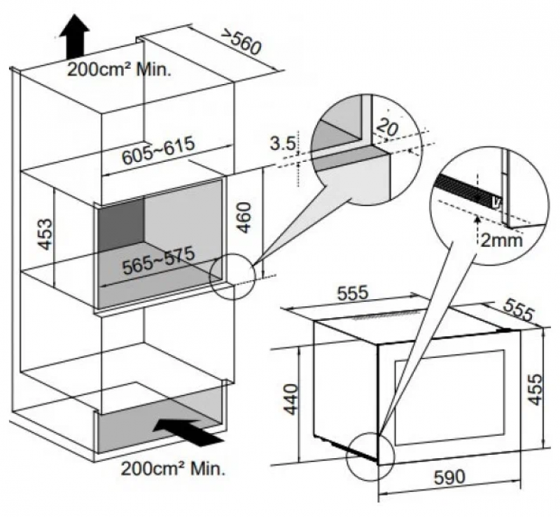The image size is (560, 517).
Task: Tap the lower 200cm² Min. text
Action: (174, 466)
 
